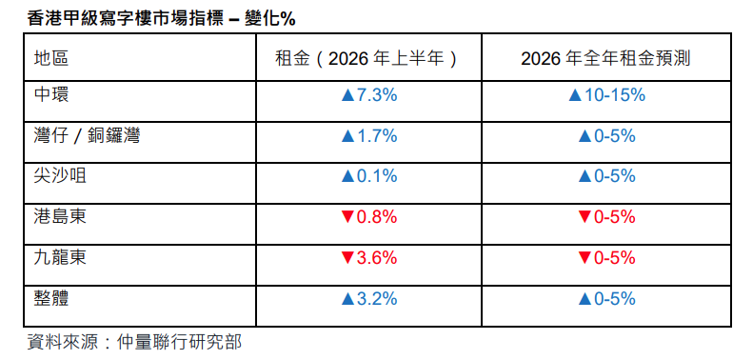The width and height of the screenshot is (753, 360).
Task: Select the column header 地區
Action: pyautogui.click(x=51, y=59)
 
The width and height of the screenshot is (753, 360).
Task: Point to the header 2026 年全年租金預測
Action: pyautogui.click(x=605, y=59)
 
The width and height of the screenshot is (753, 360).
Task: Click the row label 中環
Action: pyautogui.click(x=51, y=94)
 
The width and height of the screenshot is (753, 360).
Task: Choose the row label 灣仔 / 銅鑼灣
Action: pyautogui.click(x=87, y=136)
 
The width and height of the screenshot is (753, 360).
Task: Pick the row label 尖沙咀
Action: pyautogui.click(x=60, y=176)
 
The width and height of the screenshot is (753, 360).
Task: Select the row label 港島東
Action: pyautogui.click(x=60, y=217)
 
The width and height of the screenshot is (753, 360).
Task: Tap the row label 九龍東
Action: pyautogui.click(x=60, y=258)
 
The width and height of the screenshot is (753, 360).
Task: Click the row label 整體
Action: pyautogui.click(x=51, y=299)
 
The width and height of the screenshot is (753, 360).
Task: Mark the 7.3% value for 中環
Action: pyautogui.click(x=377, y=95)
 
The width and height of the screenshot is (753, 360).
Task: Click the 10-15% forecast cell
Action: pyautogui.click(x=614, y=95)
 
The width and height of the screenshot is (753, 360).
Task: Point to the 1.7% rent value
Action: pyautogui.click(x=377, y=136)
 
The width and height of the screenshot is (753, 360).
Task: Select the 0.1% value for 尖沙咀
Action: pyautogui.click(x=377, y=176)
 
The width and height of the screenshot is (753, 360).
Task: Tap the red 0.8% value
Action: pyautogui.click(x=377, y=217)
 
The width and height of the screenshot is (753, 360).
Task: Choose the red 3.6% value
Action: pyautogui.click(x=377, y=258)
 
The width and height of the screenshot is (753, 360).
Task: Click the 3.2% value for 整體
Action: pyautogui.click(x=377, y=299)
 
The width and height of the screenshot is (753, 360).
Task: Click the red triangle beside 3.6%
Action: pyautogui.click(x=347, y=259)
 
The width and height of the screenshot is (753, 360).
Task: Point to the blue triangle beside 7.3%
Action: pyautogui.click(x=347, y=95)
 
